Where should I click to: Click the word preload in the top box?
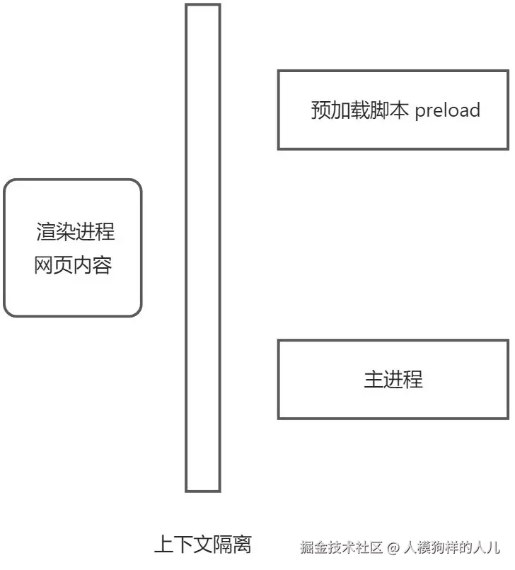(x=448, y=110)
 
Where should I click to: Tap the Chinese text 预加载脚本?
(x=359, y=110)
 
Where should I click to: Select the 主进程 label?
(x=393, y=379)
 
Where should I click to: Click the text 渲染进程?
(x=75, y=231)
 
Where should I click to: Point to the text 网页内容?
(x=73, y=266)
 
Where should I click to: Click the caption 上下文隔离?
(x=202, y=545)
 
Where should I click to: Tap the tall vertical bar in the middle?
(x=203, y=248)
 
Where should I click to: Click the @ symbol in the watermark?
(x=394, y=547)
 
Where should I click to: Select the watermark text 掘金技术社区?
(x=340, y=547)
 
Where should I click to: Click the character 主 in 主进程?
(x=374, y=379)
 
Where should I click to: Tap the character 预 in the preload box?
(x=320, y=110)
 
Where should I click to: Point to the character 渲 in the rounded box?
(x=46, y=231)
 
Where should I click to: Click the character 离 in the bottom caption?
(x=241, y=545)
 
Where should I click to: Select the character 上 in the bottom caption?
(x=163, y=545)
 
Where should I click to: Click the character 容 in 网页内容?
(x=102, y=266)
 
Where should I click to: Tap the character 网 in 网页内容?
(x=44, y=266)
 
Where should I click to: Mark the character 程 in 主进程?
(x=413, y=379)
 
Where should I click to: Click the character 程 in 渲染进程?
(x=105, y=231)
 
